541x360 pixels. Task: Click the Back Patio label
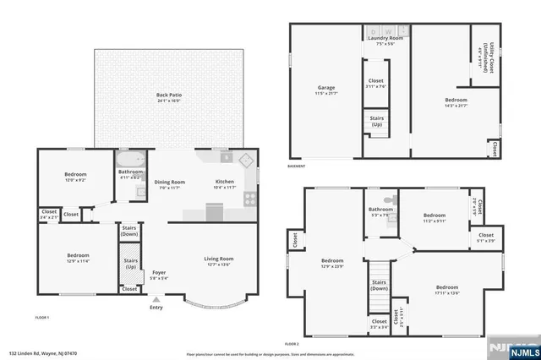(x=169, y=96)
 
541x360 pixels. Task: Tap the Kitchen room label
(x=225, y=183)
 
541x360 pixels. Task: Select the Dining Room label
(x=169, y=183)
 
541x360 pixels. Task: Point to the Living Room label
(x=219, y=261)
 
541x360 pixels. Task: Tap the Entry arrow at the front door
(x=156, y=300)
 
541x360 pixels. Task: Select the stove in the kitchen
(x=250, y=199)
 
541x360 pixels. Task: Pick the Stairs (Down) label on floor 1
(x=129, y=230)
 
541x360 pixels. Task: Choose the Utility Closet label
(x=484, y=56)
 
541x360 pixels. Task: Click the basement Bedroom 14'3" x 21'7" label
(x=456, y=101)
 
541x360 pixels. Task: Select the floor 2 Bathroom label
(x=380, y=210)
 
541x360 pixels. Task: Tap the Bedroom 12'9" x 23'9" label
(x=332, y=262)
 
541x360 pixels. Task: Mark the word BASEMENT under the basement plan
(x=296, y=166)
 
